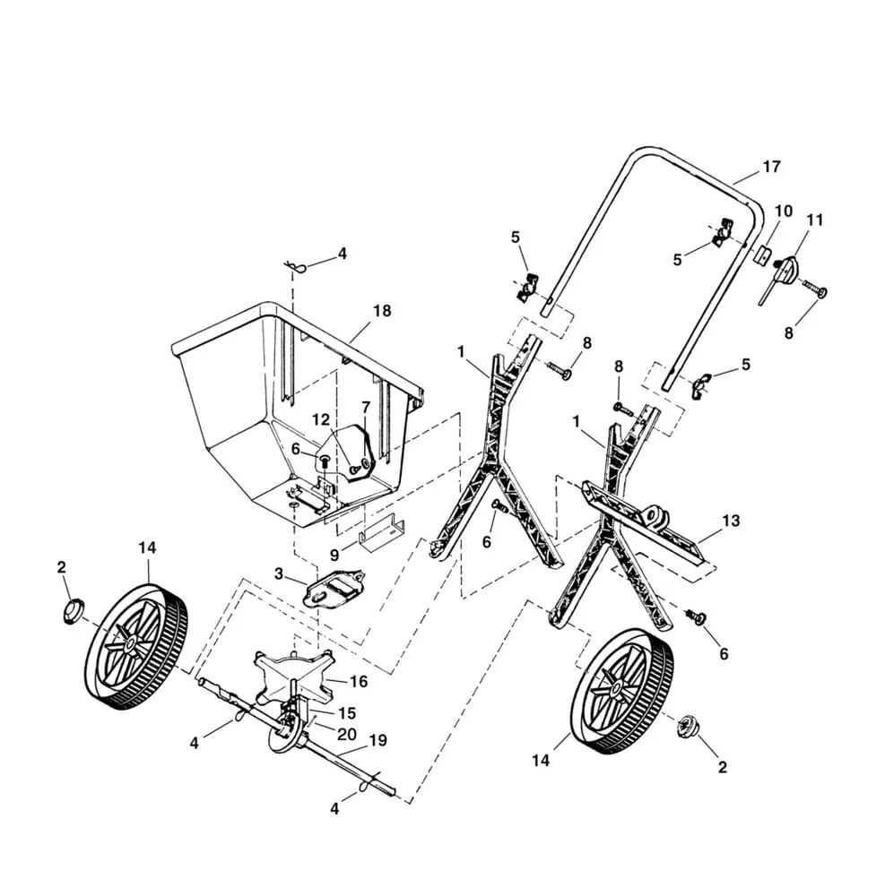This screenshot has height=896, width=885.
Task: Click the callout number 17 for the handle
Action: tap(771, 167)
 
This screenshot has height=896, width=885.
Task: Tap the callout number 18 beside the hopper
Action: tap(382, 311)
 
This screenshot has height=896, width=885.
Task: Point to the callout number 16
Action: tap(359, 682)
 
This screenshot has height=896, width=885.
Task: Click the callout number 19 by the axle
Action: tap(377, 740)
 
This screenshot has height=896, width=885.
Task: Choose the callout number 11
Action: tap(814, 220)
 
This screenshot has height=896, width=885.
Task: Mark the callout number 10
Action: tap(784, 211)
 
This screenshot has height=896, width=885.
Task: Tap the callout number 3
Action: tap(279, 573)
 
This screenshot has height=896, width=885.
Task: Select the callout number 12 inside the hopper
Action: tap(321, 419)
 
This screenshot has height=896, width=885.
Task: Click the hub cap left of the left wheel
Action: tap(71, 611)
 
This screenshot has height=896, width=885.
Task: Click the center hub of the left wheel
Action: tap(131, 642)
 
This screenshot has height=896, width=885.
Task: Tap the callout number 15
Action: tap(347, 713)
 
